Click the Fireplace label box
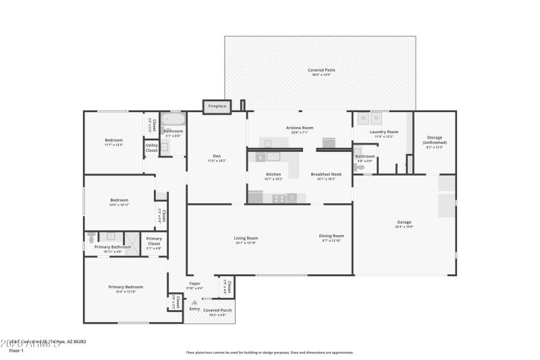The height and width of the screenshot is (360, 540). (x=217, y=106)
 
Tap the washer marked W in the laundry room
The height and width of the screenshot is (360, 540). (x=362, y=118)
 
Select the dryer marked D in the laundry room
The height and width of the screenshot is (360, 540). (x=377, y=118)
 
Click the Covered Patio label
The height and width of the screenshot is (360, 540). (x=321, y=70)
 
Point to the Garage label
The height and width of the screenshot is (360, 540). (x=404, y=222)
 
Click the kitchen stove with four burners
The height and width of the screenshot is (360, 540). (x=277, y=198)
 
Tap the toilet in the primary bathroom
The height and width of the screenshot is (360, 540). (x=91, y=237)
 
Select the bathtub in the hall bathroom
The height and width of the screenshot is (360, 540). (x=173, y=120)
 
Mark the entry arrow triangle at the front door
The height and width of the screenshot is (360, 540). (x=194, y=302)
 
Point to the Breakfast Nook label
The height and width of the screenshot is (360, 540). (x=326, y=174)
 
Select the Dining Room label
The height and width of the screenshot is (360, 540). (x=331, y=236)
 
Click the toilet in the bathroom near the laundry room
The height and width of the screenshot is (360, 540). (x=360, y=167)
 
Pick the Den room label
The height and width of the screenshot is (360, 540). (x=217, y=156)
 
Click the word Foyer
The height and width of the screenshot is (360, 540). (x=194, y=283)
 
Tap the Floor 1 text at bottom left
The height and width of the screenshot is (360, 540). (x=16, y=351)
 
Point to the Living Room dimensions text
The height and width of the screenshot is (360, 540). (x=246, y=242)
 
